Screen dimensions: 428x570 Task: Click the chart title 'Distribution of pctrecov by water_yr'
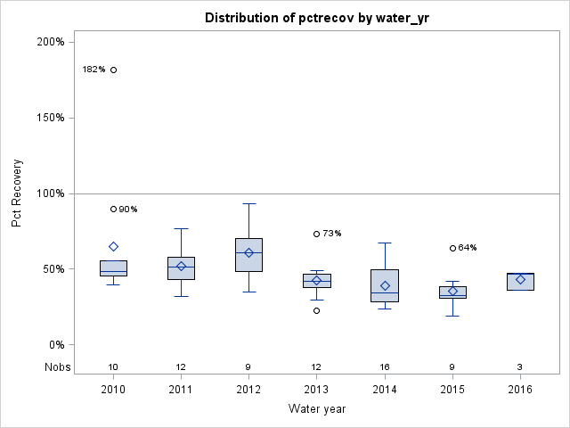click(x=316, y=18)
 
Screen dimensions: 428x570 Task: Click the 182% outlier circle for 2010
click(x=113, y=70)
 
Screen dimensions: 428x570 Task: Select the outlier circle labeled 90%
click(x=113, y=209)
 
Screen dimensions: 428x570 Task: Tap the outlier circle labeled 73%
click(x=316, y=234)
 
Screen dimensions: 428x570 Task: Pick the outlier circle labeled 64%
click(x=452, y=248)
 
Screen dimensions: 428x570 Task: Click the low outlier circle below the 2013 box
click(x=316, y=310)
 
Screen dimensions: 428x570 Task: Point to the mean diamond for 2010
click(x=113, y=246)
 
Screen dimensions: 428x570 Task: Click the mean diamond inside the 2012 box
click(x=248, y=252)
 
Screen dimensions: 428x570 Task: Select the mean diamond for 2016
click(x=520, y=279)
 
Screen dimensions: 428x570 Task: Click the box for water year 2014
click(x=385, y=285)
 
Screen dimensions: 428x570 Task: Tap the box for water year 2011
click(x=181, y=268)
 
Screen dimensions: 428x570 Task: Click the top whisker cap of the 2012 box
click(x=248, y=203)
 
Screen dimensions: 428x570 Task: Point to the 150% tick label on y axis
click(x=49, y=118)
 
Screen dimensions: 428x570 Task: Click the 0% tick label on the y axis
click(x=54, y=345)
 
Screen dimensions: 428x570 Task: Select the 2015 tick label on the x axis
click(x=452, y=390)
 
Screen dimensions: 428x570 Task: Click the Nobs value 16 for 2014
click(x=385, y=366)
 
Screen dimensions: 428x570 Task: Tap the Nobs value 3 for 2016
click(x=520, y=366)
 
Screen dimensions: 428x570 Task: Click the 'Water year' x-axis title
click(x=316, y=409)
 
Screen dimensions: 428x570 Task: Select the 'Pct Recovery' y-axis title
click(x=17, y=193)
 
